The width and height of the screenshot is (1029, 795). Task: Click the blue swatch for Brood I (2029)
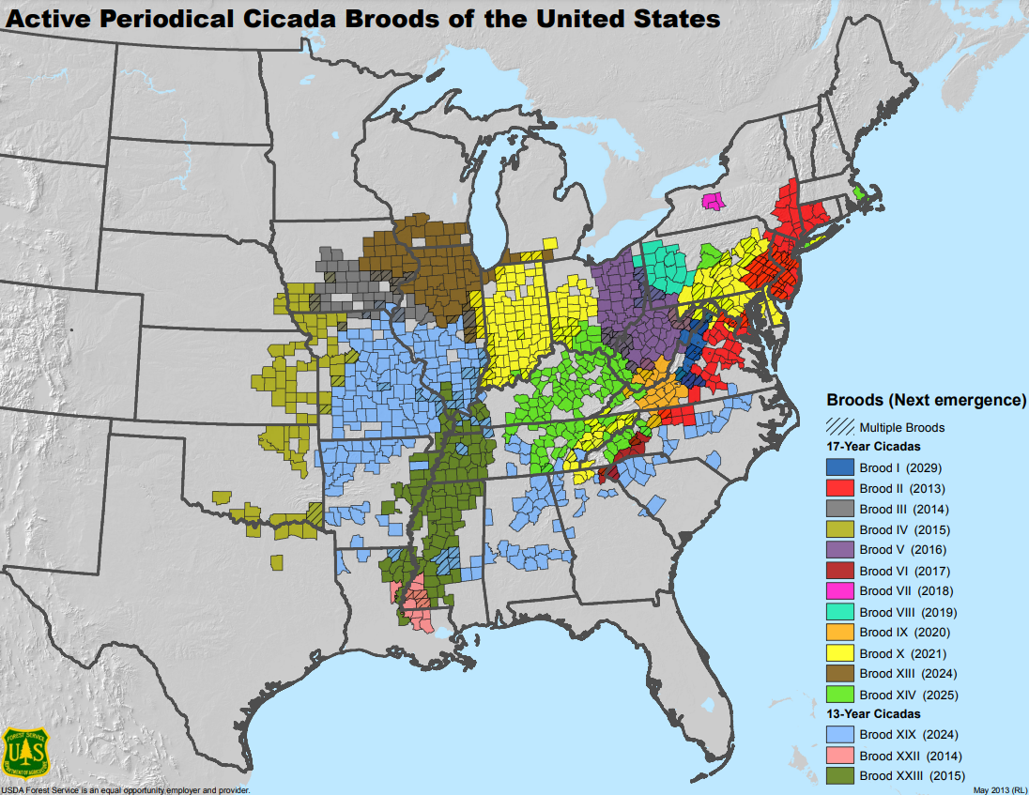[839, 467]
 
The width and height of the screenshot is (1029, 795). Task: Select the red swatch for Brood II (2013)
[839, 488]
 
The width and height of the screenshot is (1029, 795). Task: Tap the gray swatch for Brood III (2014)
[839, 509]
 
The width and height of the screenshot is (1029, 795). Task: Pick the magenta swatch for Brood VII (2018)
[839, 591]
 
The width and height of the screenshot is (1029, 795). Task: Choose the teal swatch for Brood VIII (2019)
[839, 612]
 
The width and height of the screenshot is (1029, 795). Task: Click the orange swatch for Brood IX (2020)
[839, 633]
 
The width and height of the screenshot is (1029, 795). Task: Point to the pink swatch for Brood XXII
[839, 756]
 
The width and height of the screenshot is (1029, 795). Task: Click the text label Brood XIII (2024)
[908, 674]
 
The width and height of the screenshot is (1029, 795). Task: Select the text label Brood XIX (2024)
[908, 735]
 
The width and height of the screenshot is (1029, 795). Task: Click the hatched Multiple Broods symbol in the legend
[839, 427]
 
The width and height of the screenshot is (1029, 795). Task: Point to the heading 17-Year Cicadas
[873, 447]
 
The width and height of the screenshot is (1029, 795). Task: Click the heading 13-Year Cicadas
[873, 714]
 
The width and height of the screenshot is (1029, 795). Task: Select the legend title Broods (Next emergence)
[925, 400]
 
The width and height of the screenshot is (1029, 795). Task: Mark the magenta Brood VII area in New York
[714, 201]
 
